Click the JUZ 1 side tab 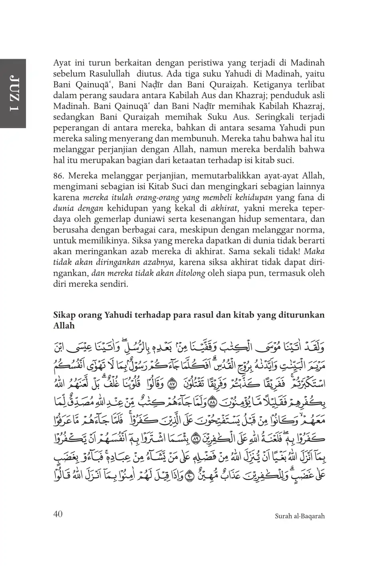click(x=12, y=93)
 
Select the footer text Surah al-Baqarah click(x=300, y=516)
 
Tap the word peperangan click(x=75, y=128)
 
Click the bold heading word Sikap click(x=64, y=315)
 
